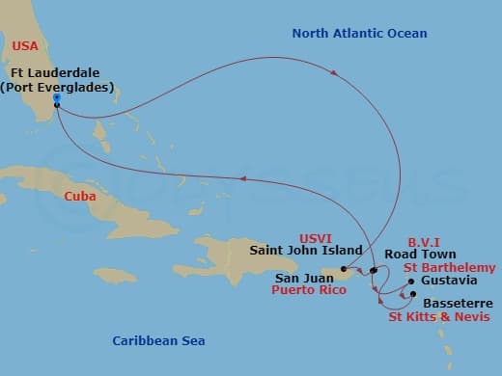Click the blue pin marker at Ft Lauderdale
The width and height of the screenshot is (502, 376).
[57, 99]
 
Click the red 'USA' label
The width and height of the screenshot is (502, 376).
[26, 44]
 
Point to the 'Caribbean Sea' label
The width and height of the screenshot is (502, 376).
[158, 340]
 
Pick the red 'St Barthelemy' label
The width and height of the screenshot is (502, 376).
[450, 267]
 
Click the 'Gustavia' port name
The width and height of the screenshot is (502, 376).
[449, 281]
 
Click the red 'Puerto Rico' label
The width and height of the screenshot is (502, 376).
[308, 287]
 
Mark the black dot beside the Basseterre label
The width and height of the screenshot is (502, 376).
[413, 293]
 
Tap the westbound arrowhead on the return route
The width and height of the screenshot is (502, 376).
[244, 177]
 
